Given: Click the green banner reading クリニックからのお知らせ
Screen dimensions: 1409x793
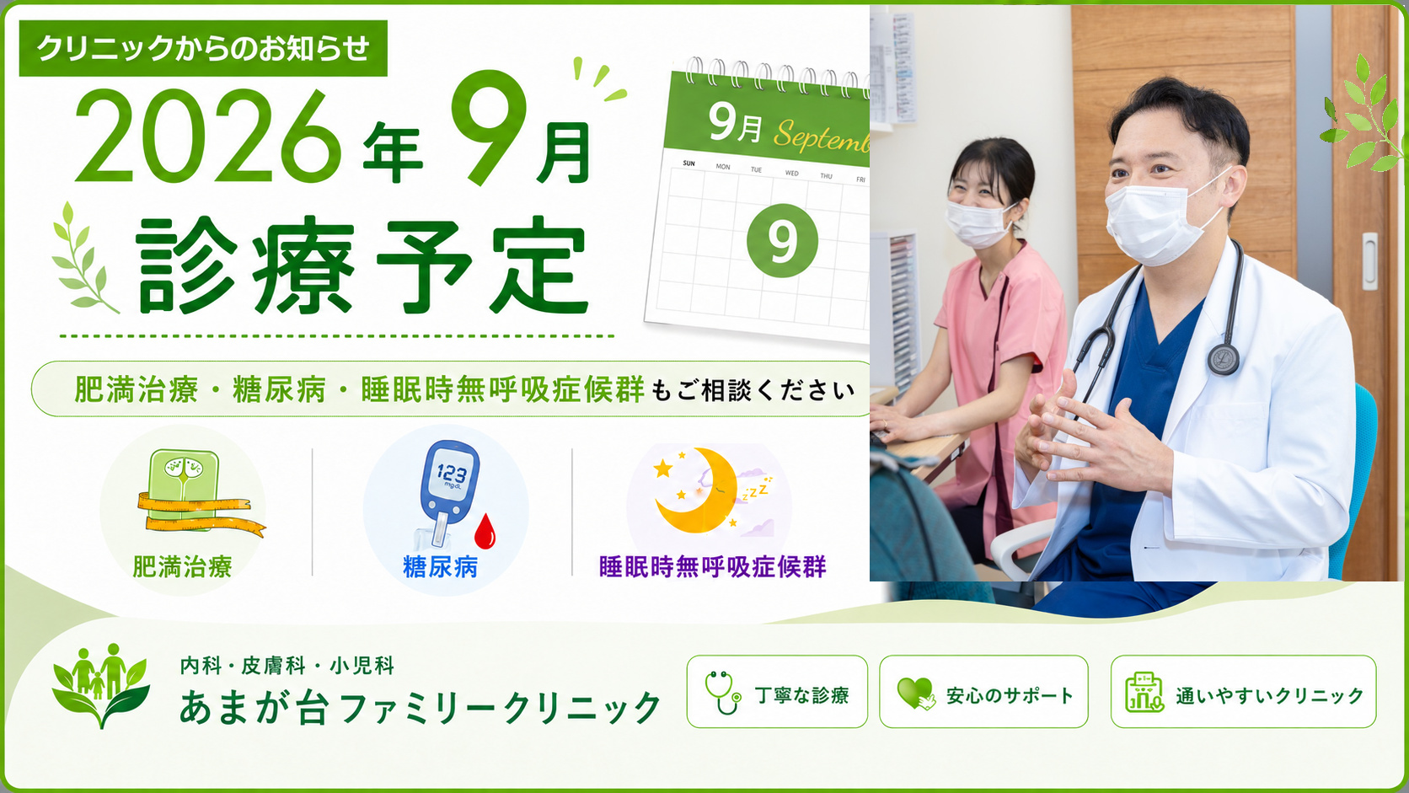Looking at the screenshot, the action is (x=203, y=48).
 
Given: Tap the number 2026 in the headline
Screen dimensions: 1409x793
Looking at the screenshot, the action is (x=208, y=137).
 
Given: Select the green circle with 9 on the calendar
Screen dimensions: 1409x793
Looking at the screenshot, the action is (x=782, y=240).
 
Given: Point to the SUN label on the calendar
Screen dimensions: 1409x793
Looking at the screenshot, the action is (x=688, y=163).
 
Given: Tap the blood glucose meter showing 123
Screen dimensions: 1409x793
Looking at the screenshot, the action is (x=448, y=492).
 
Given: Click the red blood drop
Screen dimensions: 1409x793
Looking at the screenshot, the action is (x=485, y=532).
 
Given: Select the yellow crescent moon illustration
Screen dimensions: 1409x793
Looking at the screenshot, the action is (x=696, y=490).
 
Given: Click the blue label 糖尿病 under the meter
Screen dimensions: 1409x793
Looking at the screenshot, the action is (x=440, y=566).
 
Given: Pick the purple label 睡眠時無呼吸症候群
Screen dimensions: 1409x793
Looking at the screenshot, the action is (x=713, y=566).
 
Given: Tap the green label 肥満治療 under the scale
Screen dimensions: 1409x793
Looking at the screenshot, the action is (x=182, y=566).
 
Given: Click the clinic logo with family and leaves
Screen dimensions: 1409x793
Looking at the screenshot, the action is (x=100, y=685).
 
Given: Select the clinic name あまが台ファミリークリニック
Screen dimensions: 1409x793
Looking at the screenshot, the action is (x=421, y=707).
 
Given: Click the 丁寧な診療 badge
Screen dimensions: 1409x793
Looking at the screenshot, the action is (x=777, y=692).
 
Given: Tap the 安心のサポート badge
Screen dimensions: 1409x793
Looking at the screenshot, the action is (x=983, y=692).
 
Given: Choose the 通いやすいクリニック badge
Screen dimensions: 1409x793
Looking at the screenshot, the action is (x=1244, y=692).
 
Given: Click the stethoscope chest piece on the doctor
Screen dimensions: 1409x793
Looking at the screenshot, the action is (x=1223, y=358).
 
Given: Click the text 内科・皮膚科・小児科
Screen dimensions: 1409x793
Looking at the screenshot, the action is (x=287, y=666).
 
